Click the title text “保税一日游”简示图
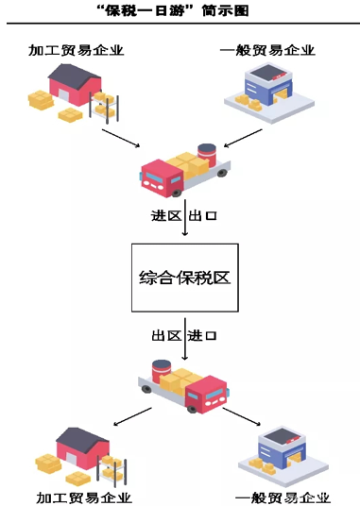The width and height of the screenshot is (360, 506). tap(180, 12)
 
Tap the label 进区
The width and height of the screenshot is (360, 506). tap(167, 215)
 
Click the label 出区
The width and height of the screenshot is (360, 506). tap(167, 336)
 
